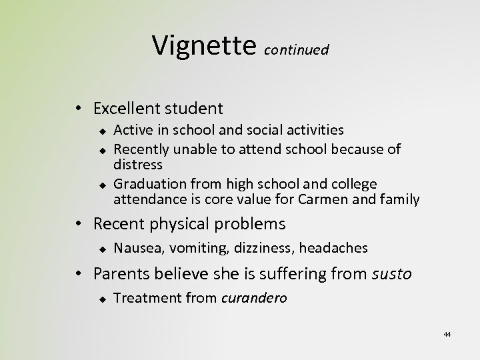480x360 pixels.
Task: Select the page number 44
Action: pos(447,333)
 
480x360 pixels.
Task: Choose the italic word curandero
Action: pos(253,298)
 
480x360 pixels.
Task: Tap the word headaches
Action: pos(333,248)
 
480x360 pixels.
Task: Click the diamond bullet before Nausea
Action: pos(103,248)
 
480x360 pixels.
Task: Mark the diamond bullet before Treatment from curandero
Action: pos(103,298)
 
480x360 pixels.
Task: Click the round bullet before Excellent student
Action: pos(79,108)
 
